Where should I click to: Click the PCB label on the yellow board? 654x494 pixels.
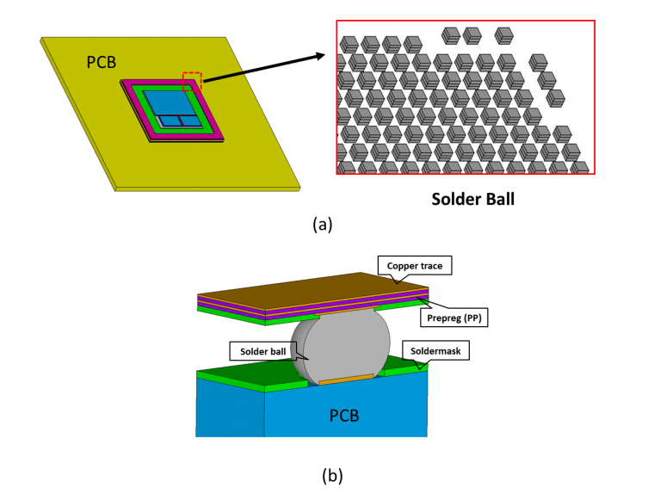click(102, 62)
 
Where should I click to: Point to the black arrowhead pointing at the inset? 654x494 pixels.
click(320, 56)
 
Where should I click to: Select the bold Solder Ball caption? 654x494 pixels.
click(472, 199)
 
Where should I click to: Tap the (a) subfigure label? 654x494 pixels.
click(323, 224)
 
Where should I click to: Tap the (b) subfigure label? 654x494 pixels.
click(332, 475)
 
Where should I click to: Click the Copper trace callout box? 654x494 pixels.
click(415, 265)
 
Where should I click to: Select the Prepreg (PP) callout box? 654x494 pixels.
click(453, 318)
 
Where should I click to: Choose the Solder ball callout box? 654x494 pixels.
click(263, 351)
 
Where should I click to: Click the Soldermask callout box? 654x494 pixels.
click(435, 351)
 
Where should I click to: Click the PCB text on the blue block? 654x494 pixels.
click(344, 416)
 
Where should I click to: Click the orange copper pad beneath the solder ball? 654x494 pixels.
click(346, 380)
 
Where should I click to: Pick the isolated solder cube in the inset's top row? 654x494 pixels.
click(504, 36)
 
